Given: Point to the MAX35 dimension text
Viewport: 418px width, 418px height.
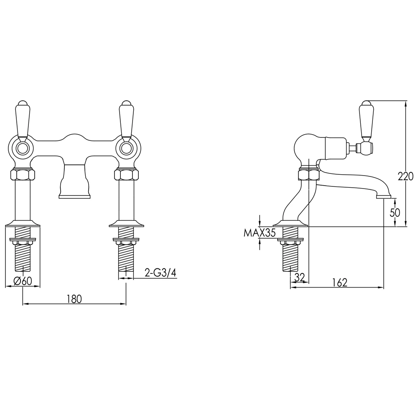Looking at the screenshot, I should pos(260,233).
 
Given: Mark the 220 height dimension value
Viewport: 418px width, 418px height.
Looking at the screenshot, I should pos(405,176).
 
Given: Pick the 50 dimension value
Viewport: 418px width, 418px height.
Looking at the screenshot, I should pos(395,212).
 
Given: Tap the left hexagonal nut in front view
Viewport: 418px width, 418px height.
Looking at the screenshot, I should pos(22,174).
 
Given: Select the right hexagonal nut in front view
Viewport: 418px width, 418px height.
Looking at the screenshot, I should pos(126,174).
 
